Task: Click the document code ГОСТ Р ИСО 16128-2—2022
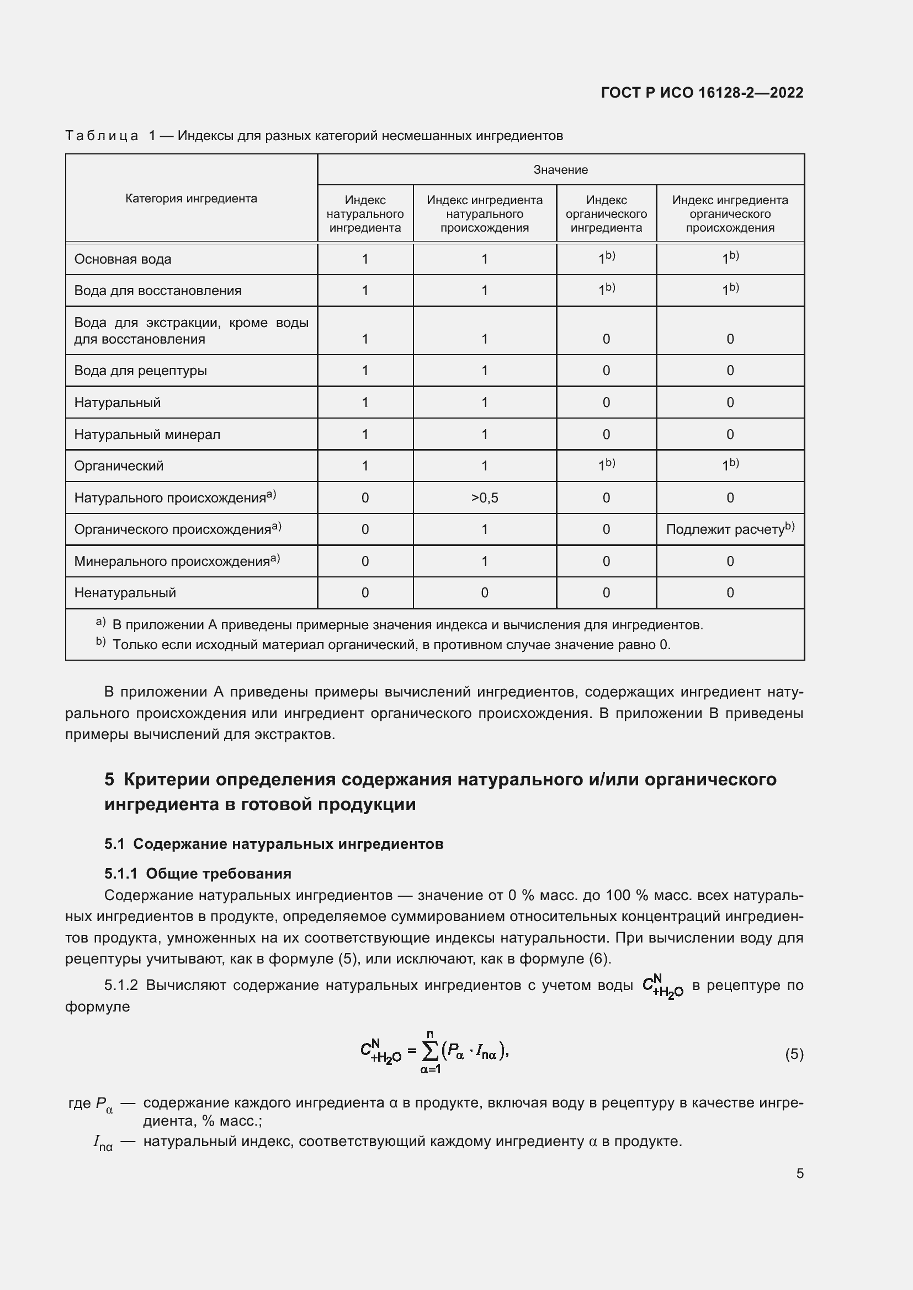tap(702, 93)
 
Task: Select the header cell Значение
tap(560, 170)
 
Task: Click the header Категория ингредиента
tap(191, 199)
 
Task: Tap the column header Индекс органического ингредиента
tap(606, 214)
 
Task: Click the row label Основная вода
tap(123, 259)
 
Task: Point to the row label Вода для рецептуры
tap(141, 371)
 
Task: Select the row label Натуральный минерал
tap(147, 434)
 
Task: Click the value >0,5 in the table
tap(485, 498)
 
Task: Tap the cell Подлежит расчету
tap(730, 529)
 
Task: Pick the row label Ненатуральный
tap(125, 593)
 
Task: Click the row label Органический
tap(119, 466)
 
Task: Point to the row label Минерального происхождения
tap(172, 561)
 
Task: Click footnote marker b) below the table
tap(100, 641)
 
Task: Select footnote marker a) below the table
tap(100, 622)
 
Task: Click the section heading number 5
tap(109, 780)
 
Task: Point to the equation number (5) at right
tap(794, 1055)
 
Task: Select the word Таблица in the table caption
tap(102, 136)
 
